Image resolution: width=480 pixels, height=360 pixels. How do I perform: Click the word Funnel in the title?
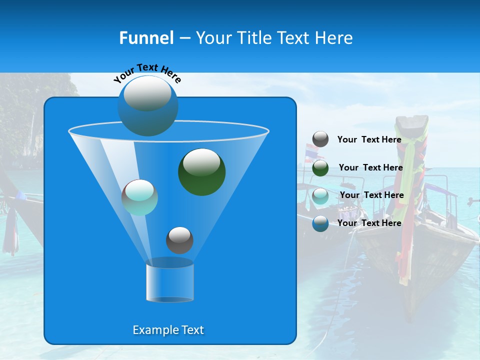click(146, 38)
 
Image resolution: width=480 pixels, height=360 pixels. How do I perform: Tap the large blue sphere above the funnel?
click(148, 105)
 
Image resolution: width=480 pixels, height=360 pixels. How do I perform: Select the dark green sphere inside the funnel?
click(201, 171)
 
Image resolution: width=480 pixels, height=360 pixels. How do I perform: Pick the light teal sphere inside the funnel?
click(139, 197)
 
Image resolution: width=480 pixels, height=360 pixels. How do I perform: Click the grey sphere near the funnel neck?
click(179, 240)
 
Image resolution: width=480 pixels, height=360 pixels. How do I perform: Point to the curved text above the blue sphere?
click(147, 72)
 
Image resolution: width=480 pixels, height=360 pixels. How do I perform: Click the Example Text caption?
click(168, 330)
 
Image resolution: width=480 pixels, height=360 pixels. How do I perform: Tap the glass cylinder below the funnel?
click(169, 282)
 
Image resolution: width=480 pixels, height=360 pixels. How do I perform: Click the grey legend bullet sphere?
click(320, 139)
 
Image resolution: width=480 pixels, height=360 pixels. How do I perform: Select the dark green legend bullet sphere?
click(320, 168)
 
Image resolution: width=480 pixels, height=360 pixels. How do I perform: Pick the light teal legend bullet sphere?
click(320, 195)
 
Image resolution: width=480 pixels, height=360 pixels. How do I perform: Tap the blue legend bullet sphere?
click(320, 223)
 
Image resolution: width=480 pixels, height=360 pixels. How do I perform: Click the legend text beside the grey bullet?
click(369, 140)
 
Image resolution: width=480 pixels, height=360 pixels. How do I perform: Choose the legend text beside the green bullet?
click(370, 168)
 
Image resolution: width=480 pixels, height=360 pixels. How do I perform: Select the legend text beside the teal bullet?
click(371, 195)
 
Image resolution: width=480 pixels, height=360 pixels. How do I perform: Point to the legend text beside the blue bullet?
click(369, 223)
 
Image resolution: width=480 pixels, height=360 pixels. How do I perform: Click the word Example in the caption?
click(151, 330)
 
